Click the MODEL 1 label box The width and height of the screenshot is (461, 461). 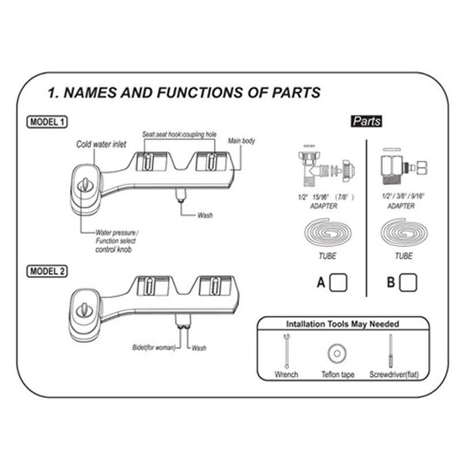(47, 122)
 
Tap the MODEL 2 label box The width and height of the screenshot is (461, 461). (47, 271)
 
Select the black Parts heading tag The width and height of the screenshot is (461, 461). (366, 122)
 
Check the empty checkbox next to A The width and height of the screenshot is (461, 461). (339, 282)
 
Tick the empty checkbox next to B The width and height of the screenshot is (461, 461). (409, 282)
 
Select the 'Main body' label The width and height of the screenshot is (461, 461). (241, 141)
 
